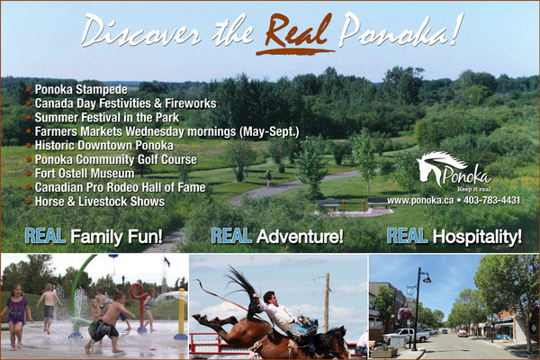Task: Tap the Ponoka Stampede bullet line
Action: click(x=81, y=90)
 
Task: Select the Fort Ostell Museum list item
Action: click(x=85, y=173)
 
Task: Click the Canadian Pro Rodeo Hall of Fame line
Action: click(x=120, y=187)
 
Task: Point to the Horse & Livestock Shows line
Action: click(x=100, y=202)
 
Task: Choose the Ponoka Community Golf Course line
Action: click(x=116, y=159)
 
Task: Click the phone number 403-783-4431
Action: click(x=491, y=200)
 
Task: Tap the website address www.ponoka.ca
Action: click(x=420, y=201)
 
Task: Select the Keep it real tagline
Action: click(x=474, y=189)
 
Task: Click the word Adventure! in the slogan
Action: click(x=300, y=237)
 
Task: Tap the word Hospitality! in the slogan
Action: click(x=477, y=237)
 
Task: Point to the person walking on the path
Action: click(x=268, y=178)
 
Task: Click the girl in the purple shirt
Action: click(x=15, y=316)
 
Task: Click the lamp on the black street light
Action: click(x=427, y=278)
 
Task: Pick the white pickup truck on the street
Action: click(x=404, y=335)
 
